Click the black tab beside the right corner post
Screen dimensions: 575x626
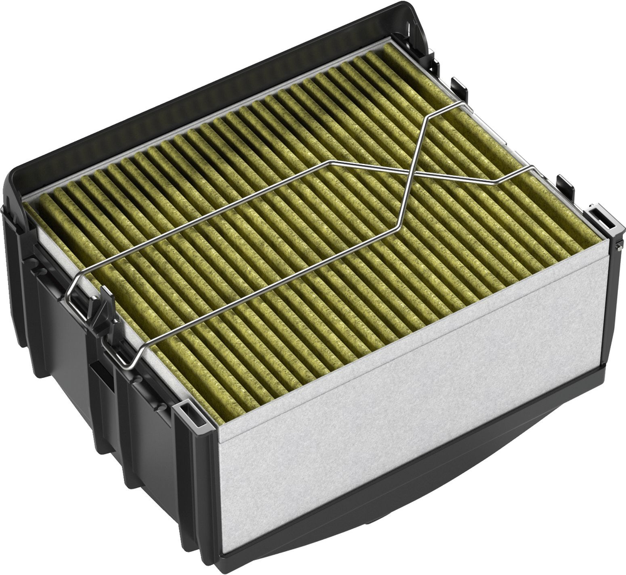(565, 186)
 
